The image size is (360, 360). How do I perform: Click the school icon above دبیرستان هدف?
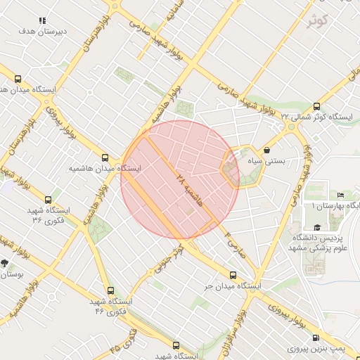pos(43,21)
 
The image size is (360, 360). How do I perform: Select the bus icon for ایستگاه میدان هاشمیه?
pos(105,158)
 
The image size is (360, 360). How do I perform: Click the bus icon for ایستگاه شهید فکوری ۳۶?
pos(48,200)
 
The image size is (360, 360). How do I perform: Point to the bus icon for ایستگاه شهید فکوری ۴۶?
pos(110,290)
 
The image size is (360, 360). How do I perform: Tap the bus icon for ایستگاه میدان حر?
pos(233,276)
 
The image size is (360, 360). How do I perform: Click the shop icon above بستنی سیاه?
pos(267,150)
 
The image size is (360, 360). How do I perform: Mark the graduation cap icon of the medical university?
pos(317,227)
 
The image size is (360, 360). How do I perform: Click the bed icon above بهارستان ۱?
pos(341,195)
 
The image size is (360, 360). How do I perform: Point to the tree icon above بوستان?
pos(5,263)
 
